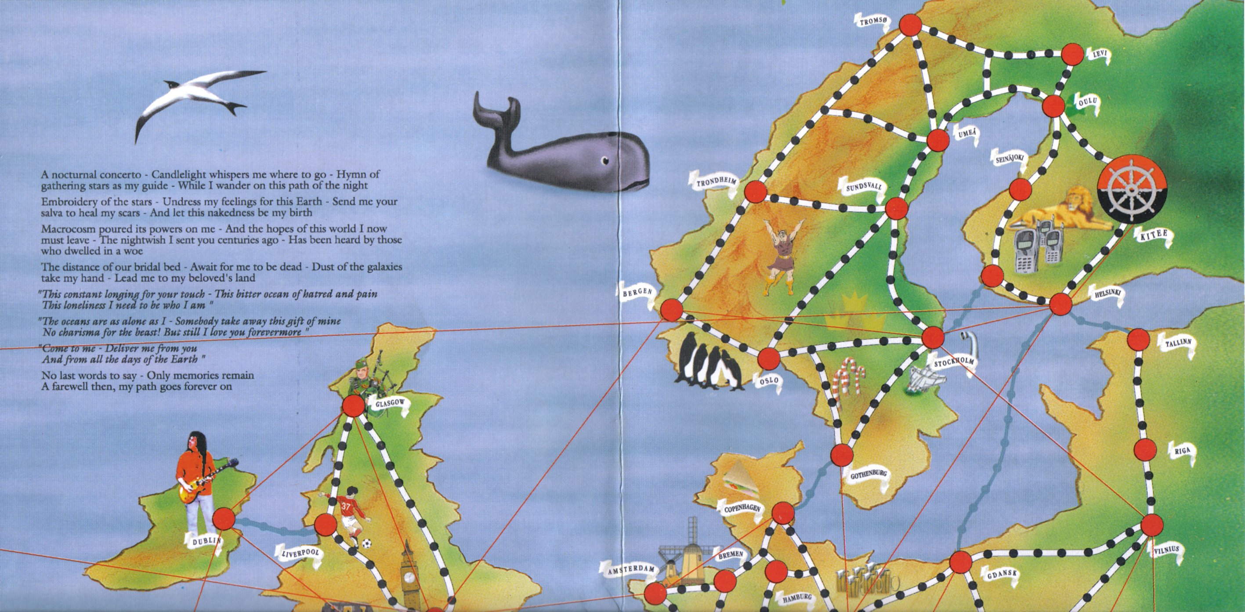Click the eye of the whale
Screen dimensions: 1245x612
pyautogui.click(x=604, y=161)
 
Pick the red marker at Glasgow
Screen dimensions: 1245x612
pyautogui.click(x=353, y=406)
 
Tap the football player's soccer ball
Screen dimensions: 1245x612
pyautogui.click(x=367, y=543)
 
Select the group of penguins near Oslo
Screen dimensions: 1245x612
pyautogui.click(x=709, y=362)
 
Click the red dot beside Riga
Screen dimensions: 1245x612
pyautogui.click(x=1145, y=450)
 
